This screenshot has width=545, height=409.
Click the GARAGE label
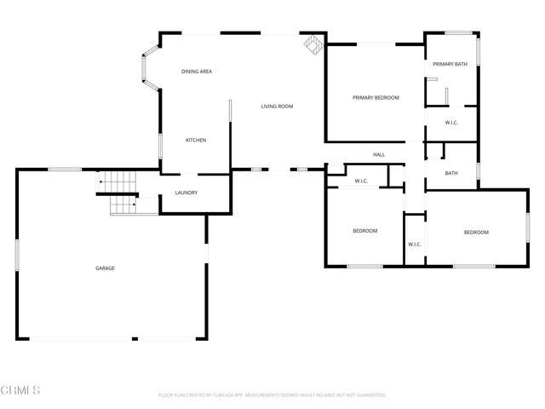tap(105, 268)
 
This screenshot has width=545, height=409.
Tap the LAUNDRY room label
tap(186, 193)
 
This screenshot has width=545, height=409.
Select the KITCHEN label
tap(196, 140)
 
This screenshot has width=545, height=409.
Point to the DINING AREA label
tap(197, 72)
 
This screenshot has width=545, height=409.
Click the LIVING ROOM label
tap(277, 107)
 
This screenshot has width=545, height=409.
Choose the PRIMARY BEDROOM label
tap(376, 98)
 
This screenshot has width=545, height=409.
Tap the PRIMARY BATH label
tap(450, 65)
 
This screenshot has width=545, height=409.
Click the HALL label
tap(379, 154)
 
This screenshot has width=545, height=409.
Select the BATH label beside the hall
tap(450, 173)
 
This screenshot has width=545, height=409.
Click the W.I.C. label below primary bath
tap(451, 123)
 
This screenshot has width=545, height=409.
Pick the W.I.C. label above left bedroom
tap(361, 181)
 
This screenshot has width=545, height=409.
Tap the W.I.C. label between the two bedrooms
tap(414, 245)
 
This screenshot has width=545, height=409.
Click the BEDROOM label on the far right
tap(476, 233)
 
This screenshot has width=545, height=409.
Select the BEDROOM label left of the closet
tap(365, 231)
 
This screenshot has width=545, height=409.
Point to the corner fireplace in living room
tap(313, 44)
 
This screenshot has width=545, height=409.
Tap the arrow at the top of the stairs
tap(100, 181)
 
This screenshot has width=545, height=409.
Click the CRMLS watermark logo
tap(21, 390)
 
